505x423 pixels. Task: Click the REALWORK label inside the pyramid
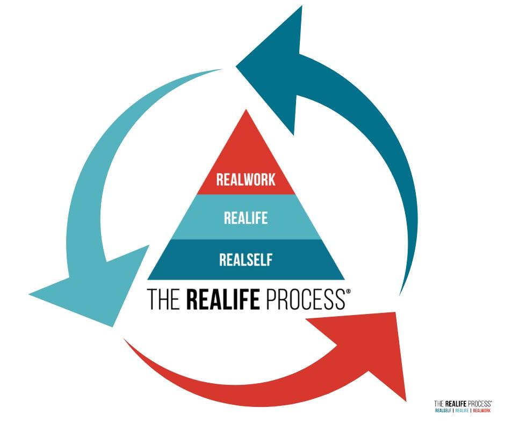(246, 179)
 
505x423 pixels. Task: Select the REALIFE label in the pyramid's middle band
(246, 218)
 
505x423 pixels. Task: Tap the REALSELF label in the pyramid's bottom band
(246, 260)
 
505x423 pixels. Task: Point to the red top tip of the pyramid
(246, 115)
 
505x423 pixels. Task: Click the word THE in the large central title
(164, 300)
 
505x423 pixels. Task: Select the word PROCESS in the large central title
(304, 300)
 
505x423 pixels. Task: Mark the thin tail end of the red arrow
(126, 340)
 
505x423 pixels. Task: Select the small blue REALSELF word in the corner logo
(443, 411)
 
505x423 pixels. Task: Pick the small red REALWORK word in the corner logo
(481, 411)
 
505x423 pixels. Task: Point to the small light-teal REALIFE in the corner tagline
(462, 411)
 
